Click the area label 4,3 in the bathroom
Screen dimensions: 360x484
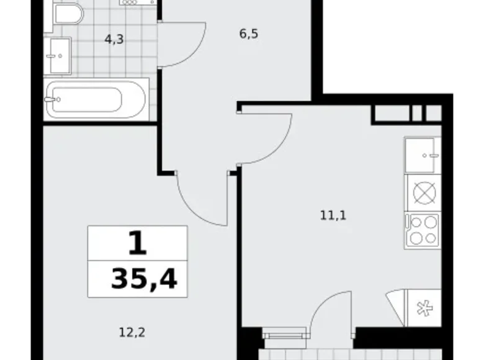click(x=114, y=39)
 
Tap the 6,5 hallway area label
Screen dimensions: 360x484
click(x=248, y=34)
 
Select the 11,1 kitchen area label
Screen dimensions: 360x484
click(x=333, y=216)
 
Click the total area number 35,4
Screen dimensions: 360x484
click(x=144, y=280)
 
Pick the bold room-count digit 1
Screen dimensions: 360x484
click(x=138, y=244)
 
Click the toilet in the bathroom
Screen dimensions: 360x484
click(x=66, y=14)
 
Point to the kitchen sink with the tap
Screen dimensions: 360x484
click(x=422, y=155)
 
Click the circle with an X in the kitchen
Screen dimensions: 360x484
click(x=422, y=194)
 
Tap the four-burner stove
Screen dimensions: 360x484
click(x=422, y=230)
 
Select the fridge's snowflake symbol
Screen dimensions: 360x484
click(x=423, y=307)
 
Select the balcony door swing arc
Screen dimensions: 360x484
click(x=325, y=313)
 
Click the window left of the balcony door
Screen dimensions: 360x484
click(x=285, y=336)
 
